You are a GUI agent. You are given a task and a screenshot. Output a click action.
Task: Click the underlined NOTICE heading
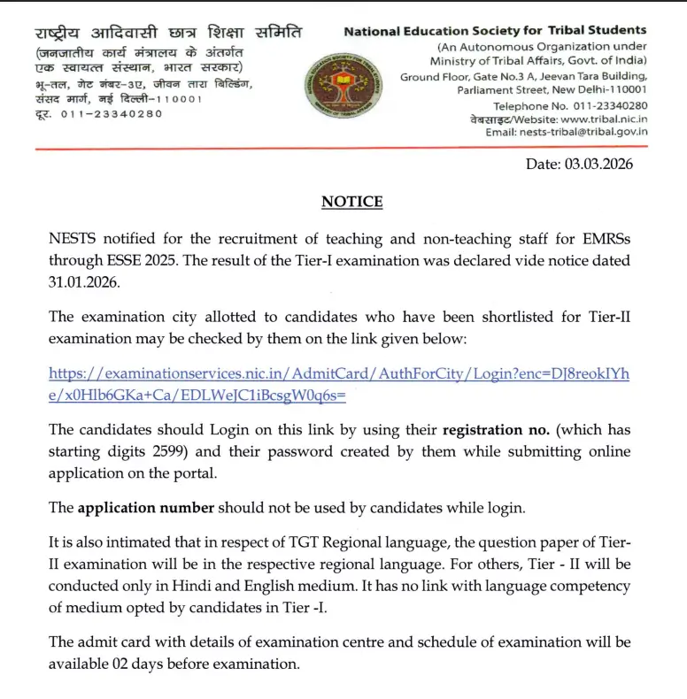[352, 202]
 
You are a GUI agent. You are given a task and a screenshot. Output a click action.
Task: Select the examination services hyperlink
[340, 385]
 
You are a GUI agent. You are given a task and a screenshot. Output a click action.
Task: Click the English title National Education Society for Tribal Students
[495, 31]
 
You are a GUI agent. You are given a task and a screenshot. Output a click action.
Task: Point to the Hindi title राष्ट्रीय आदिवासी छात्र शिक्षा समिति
[168, 34]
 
